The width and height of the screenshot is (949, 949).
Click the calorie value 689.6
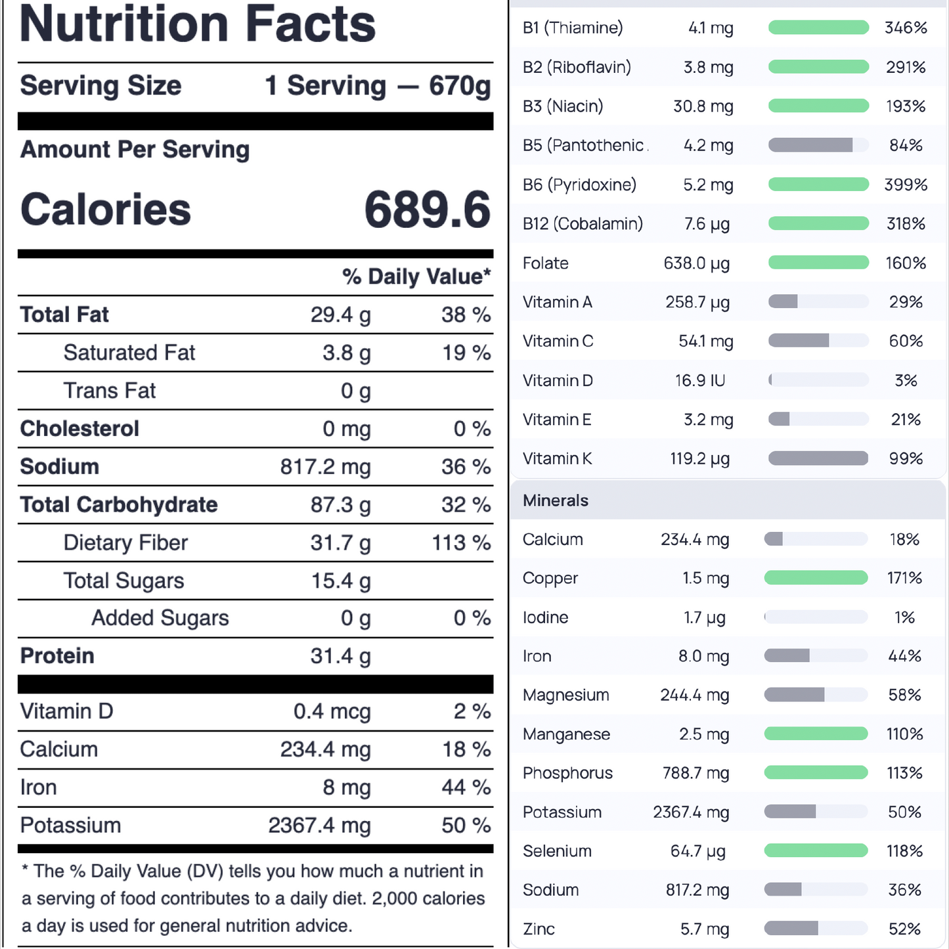(x=427, y=210)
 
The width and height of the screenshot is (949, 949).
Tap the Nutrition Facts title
(x=198, y=24)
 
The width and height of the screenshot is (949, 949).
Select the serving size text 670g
(x=460, y=86)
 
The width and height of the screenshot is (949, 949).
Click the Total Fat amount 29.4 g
(x=340, y=315)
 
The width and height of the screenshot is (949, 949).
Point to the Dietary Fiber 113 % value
(x=461, y=543)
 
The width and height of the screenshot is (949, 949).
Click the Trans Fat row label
(x=110, y=391)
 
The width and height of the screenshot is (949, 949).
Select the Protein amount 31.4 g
(x=340, y=656)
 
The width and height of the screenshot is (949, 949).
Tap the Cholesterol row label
(x=79, y=429)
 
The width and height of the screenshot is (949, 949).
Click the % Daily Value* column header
(x=416, y=276)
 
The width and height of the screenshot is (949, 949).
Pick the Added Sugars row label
(x=160, y=618)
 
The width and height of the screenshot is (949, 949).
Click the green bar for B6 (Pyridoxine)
(x=818, y=185)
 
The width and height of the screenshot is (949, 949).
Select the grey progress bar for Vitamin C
(x=818, y=341)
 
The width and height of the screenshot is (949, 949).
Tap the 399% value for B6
(x=906, y=185)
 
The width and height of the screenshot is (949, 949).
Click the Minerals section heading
(x=556, y=500)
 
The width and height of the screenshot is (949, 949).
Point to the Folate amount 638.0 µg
(x=697, y=263)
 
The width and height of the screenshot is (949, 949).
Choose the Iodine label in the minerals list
(x=545, y=617)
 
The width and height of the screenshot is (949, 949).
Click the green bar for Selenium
(x=816, y=851)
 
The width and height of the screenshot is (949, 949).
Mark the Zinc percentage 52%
(x=904, y=929)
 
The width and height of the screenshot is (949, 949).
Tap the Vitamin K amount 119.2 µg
(x=699, y=458)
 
